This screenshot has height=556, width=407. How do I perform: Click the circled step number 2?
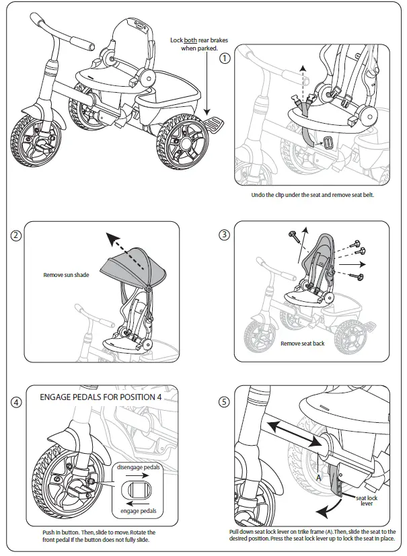17,235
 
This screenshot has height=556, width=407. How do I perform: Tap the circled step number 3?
225,235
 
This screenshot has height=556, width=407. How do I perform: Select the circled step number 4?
17,402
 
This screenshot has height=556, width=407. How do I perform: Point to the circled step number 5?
225,402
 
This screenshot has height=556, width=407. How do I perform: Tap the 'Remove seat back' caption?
302,344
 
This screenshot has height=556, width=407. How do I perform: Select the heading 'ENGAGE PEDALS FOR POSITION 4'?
100,397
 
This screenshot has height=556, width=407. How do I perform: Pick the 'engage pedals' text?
139,511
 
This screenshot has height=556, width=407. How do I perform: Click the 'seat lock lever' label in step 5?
366,500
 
